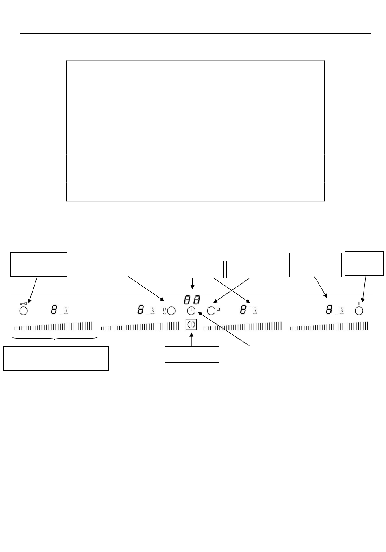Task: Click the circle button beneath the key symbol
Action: [24, 311]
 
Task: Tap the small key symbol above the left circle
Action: [24, 303]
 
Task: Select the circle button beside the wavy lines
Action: [171, 311]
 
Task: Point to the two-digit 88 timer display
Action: [192, 300]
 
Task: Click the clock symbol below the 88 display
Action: [191, 311]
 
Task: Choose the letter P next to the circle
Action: [218, 311]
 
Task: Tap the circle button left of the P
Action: [211, 311]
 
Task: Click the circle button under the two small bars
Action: [359, 311]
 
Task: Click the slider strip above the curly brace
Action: [54, 326]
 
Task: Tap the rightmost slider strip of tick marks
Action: [329, 326]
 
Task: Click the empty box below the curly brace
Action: [56, 358]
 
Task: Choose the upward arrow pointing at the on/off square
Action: [191, 339]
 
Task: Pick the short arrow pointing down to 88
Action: [192, 284]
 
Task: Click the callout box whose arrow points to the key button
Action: [39, 265]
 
